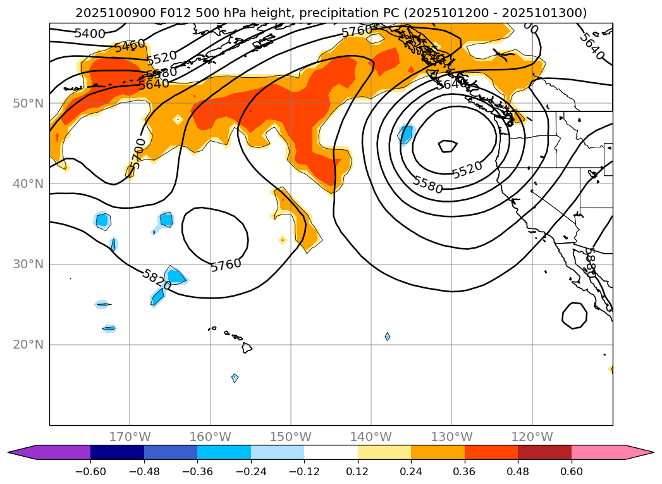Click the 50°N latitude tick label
click(28, 103)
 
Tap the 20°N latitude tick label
click(28, 345)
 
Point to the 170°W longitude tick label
click(130, 437)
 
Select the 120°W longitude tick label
click(532, 437)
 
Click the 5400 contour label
click(90, 34)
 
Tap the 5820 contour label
click(157, 280)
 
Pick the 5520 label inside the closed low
click(467, 170)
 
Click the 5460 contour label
click(130, 46)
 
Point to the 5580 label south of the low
click(427, 185)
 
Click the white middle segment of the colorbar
click(331, 452)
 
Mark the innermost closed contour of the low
click(447, 146)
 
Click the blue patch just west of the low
click(406, 134)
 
